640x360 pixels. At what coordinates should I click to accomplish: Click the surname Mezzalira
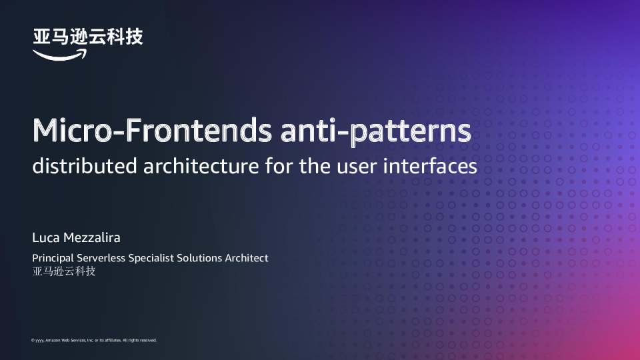[91, 238]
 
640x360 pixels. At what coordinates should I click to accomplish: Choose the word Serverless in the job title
[103, 258]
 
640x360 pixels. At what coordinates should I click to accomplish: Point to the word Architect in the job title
[247, 258]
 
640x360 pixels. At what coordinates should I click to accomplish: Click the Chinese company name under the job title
[64, 271]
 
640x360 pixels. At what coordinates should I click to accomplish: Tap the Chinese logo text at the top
[88, 37]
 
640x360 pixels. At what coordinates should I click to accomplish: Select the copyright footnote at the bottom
[94, 340]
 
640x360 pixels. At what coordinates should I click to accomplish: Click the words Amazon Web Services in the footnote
[65, 340]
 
